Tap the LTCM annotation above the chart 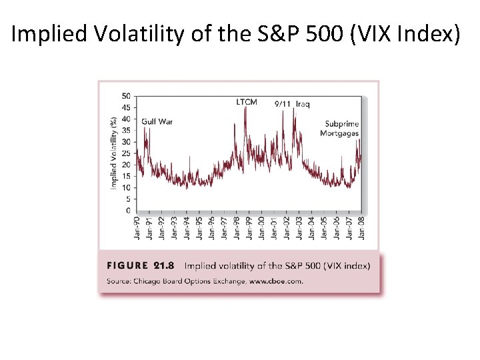click(247, 102)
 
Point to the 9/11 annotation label click(283, 104)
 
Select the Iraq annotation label click(303, 104)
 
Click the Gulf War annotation click(157, 122)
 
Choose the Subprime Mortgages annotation click(339, 128)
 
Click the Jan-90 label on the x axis click(137, 227)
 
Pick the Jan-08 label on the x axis click(361, 227)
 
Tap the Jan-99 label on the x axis click(249, 227)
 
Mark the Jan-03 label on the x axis click(299, 227)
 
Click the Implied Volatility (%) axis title click(113, 153)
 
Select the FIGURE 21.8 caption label click(140, 265)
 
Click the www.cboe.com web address click(275, 281)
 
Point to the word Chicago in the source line click(147, 281)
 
